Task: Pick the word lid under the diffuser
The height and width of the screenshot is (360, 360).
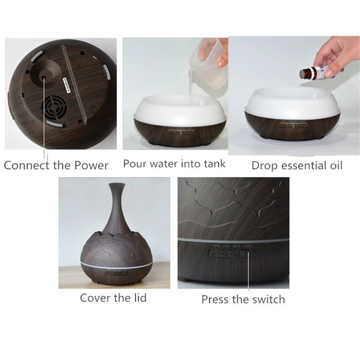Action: tap(138, 298)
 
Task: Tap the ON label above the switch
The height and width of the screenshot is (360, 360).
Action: tap(248, 246)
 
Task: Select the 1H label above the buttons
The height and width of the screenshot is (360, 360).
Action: tap(216, 246)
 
